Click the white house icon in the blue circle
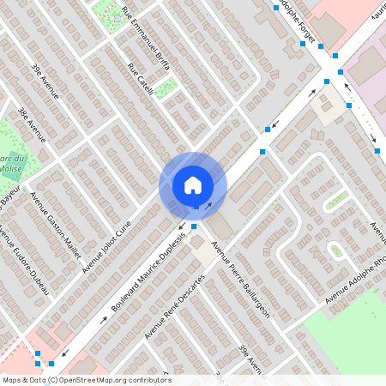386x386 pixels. (x=193, y=184)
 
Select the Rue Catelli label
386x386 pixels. (x=140, y=79)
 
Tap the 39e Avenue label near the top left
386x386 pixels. (x=44, y=81)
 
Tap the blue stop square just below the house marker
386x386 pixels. (x=195, y=226)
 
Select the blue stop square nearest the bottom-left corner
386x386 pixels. (x=38, y=353)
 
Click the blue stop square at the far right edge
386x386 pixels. (x=377, y=151)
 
